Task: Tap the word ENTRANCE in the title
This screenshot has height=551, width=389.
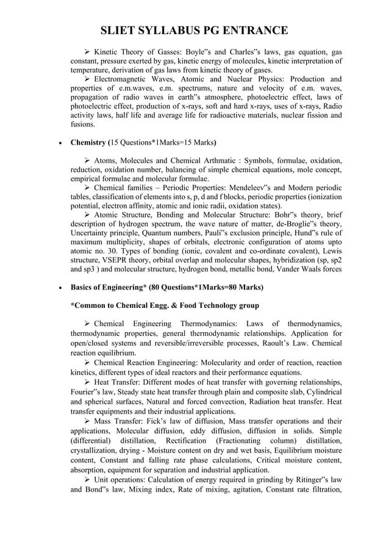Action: (257, 31)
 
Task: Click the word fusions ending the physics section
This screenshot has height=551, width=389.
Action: (83, 125)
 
